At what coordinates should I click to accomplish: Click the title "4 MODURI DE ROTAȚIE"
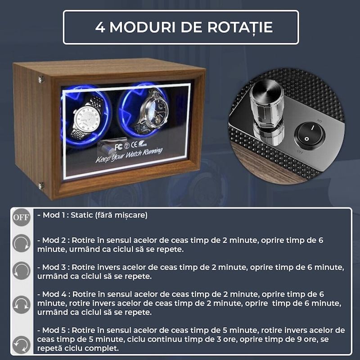184,27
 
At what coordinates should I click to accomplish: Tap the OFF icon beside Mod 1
21,218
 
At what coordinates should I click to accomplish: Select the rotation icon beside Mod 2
21,243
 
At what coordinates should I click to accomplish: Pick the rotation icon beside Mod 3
21,270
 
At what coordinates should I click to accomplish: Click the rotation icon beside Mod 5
21,344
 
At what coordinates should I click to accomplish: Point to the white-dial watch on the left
88,114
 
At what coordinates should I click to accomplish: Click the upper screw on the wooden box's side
41,80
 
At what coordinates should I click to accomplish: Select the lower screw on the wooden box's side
41,185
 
